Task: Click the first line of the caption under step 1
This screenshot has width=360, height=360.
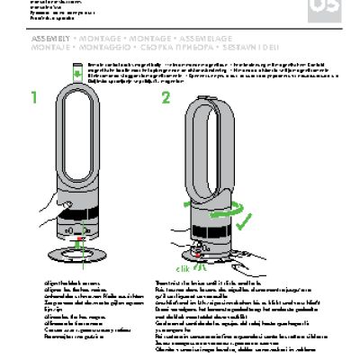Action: click(x=57, y=283)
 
